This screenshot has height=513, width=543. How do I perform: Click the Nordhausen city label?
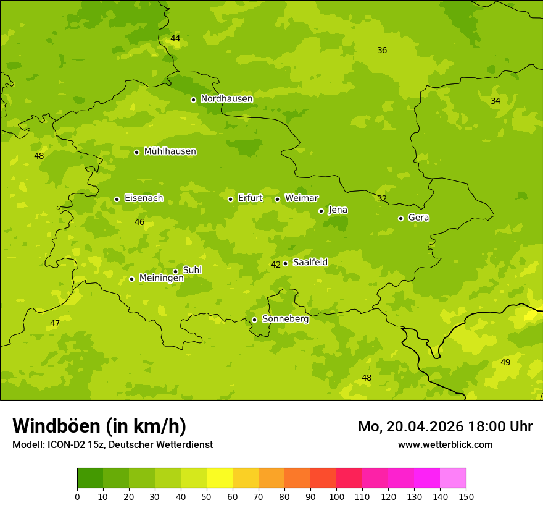[226, 99]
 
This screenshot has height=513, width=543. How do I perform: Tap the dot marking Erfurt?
[230, 199]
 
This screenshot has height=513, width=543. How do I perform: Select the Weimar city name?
[301, 198]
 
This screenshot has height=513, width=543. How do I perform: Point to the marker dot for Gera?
[400, 218]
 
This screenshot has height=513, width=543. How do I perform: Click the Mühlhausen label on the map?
[170, 151]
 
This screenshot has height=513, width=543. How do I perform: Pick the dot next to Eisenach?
[117, 199]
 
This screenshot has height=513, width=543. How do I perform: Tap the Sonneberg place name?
[285, 319]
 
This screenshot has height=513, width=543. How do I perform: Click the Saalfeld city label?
[310, 263]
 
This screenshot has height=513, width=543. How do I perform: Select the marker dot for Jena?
[321, 211]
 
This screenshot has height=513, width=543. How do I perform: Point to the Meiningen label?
[161, 278]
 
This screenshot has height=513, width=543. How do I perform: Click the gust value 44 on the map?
[175, 39]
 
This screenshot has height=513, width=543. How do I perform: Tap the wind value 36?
[382, 51]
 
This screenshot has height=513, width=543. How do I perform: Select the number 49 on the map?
[505, 362]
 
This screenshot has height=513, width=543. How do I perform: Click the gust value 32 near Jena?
[382, 199]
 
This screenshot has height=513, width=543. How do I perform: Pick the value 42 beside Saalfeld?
[276, 265]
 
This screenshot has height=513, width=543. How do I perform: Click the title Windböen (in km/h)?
[99, 426]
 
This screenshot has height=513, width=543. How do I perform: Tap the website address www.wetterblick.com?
[445, 445]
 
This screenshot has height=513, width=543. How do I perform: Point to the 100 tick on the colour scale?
[336, 496]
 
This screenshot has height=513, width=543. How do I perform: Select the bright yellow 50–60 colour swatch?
[220, 478]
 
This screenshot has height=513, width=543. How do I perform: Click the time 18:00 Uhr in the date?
[501, 426]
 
